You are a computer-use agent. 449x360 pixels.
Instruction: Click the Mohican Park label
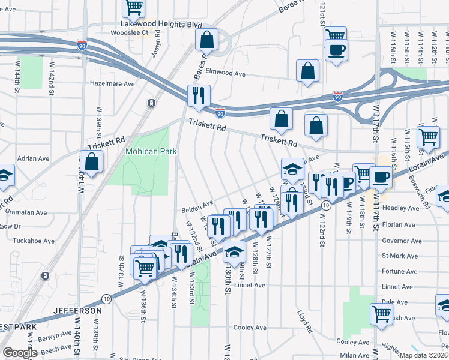(x=151, y=151)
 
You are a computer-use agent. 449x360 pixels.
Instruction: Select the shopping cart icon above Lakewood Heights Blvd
(x=134, y=8)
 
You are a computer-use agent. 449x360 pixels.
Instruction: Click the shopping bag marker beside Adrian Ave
(x=91, y=162)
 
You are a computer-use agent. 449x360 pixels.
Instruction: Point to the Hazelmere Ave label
(x=112, y=84)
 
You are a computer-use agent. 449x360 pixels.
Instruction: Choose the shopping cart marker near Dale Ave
(x=382, y=314)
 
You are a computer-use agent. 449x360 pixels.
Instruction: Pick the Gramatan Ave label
(x=25, y=212)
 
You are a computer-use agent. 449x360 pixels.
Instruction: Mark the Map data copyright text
(x=424, y=355)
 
